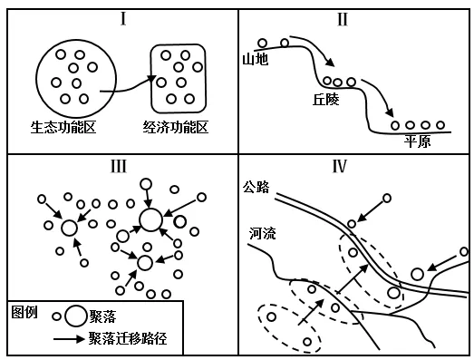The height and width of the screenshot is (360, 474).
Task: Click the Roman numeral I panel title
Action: pyautogui.click(x=121, y=18)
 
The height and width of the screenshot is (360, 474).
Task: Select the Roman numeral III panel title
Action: pyautogui.click(x=121, y=166)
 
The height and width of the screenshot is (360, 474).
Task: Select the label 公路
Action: pyautogui.click(x=257, y=188)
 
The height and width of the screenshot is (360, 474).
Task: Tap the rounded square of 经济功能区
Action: pyautogui.click(x=179, y=78)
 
